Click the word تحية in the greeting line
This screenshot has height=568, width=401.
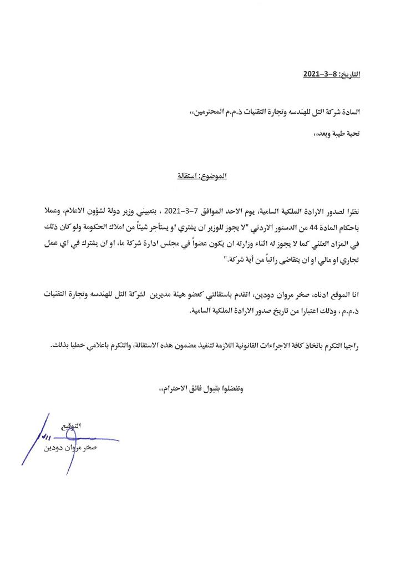pyautogui.click(x=350, y=134)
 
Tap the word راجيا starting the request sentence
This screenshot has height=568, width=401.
pyautogui.click(x=351, y=345)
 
